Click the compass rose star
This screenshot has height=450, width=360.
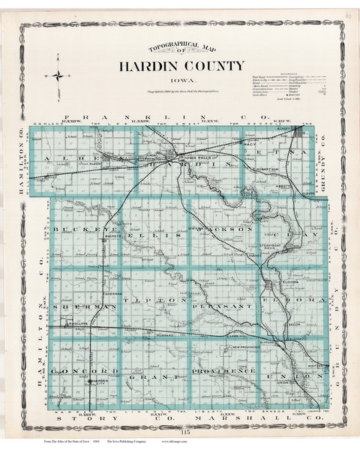pos(58,76)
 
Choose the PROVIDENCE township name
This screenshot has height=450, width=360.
pos(223,370)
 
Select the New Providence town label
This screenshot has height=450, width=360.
pos(244,349)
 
